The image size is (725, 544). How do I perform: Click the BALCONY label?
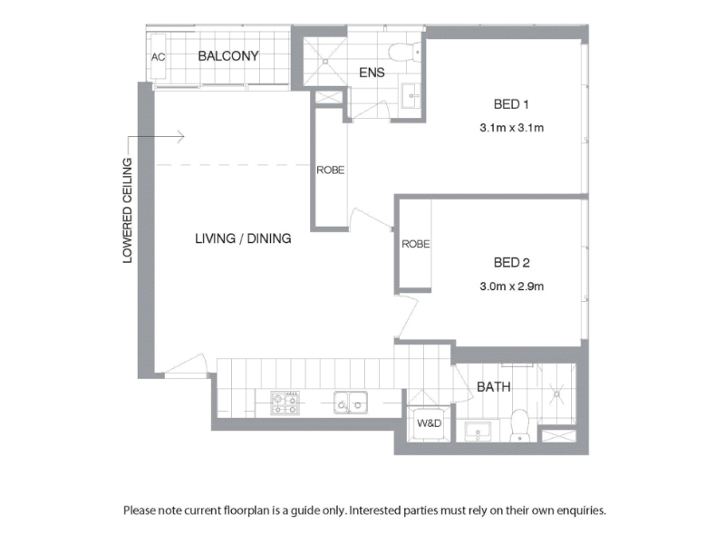coord(228,56)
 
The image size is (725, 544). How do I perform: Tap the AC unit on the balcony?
coord(158,56)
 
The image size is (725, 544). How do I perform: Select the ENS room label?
coord(372,73)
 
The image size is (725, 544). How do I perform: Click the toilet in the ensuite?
coord(404,52)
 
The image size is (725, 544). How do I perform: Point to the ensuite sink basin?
coord(411,96)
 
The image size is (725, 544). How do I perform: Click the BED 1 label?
coord(511,104)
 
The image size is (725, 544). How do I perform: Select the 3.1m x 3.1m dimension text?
coord(511,128)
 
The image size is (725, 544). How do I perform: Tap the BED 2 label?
coord(511,263)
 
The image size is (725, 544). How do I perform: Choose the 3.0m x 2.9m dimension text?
coord(511,287)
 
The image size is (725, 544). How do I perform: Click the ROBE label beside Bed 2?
coord(416,244)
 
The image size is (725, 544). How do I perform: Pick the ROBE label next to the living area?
coord(330,170)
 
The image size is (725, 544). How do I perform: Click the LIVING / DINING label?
coord(243,238)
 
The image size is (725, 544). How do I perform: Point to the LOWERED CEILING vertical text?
coord(127,210)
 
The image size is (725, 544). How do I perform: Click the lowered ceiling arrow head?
coord(182,137)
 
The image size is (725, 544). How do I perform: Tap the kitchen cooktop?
coord(285,403)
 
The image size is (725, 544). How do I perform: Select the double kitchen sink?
coord(351,402)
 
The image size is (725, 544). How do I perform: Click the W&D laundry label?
coord(429,423)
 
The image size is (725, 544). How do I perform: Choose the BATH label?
coord(493,387)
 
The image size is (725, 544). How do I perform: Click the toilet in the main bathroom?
coord(519,425)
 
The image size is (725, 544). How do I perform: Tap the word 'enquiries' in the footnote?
coord(581,510)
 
